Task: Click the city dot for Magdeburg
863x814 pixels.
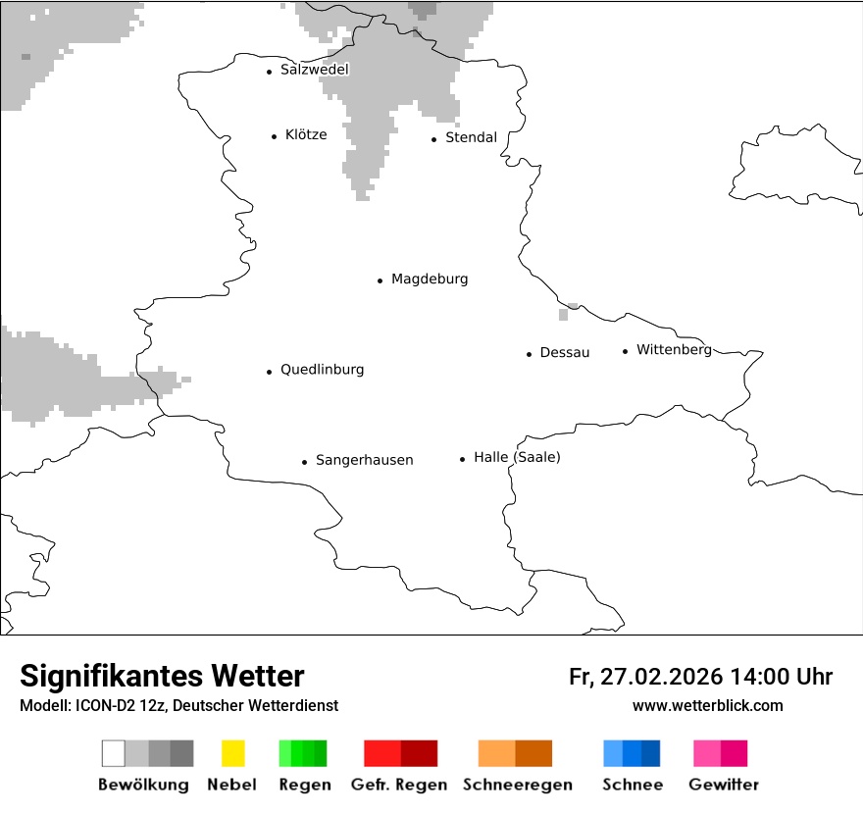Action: (380, 280)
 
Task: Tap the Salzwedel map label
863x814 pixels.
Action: (314, 70)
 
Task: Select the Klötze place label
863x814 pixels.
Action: (306, 135)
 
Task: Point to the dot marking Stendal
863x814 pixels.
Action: (433, 139)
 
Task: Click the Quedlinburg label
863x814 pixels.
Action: (322, 370)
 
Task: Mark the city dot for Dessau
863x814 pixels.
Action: (529, 354)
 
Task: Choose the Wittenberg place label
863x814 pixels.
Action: (674, 350)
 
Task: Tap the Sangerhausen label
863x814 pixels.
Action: (364, 460)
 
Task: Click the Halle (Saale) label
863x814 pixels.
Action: (517, 457)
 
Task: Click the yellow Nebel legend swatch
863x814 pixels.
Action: (232, 753)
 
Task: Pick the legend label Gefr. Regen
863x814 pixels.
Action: (400, 785)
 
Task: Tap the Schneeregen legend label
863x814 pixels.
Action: (515, 785)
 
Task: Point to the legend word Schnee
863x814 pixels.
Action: (632, 785)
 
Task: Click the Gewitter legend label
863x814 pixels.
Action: (723, 785)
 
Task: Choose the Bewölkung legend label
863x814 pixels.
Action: (143, 785)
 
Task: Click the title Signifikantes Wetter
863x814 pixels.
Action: (162, 677)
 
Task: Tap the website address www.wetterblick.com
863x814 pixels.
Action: (707, 705)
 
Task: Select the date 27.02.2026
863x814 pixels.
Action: (659, 677)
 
